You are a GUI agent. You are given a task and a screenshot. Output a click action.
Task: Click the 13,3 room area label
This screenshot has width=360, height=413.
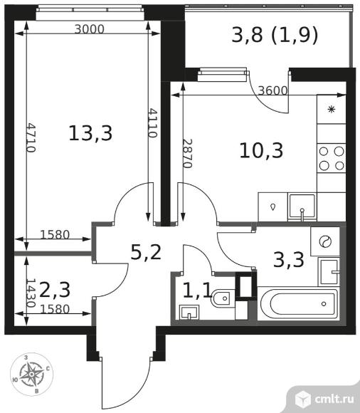pos(90,133)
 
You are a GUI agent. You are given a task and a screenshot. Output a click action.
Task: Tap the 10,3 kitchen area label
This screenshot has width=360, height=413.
pos(261,151)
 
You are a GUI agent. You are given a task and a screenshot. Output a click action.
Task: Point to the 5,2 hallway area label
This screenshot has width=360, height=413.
pos(146,252)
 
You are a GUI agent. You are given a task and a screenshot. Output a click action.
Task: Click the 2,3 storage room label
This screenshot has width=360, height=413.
pos(55,290)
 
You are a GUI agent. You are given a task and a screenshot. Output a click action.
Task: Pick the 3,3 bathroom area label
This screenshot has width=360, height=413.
pos(289,260)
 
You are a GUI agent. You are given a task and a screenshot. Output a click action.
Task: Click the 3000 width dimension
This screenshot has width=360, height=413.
pos(90,29)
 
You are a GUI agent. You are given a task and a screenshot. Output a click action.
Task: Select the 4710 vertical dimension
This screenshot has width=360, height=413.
pos(31,137)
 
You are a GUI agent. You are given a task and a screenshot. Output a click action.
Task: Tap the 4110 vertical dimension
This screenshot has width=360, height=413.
pos(153,123)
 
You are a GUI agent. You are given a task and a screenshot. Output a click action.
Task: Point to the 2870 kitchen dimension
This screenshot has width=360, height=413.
pos(188,154)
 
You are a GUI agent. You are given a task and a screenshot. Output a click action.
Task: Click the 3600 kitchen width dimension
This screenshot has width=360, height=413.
pos(272,91)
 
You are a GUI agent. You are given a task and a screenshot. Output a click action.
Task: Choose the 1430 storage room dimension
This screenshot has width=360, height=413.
pos(31,293)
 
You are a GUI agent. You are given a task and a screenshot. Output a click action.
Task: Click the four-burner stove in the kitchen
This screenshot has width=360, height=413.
pos(332,158)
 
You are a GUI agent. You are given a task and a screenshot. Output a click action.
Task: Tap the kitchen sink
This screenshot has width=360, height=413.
pos(302,206)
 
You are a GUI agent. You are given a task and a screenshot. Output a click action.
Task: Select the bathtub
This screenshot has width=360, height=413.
pos(298,304)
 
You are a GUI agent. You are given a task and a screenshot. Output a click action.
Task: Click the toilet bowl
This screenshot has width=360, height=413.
pos(221,298)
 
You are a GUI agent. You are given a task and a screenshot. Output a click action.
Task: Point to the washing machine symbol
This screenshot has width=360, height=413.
pos(325,241)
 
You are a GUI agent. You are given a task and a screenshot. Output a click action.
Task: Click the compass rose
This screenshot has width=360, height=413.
pos(31,374)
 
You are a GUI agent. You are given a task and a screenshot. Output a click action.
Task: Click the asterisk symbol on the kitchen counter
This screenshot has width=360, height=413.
pos(332,109)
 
